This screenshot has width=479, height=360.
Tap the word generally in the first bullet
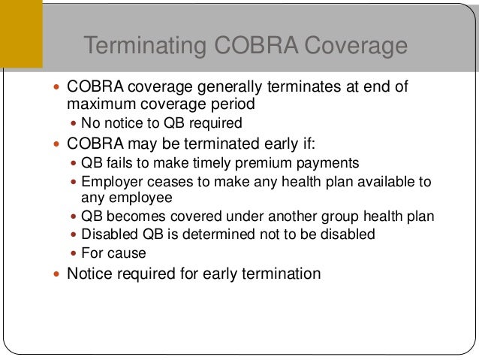227,87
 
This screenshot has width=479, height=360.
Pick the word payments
320,162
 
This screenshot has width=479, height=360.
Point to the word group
340,217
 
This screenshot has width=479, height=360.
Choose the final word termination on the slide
281,274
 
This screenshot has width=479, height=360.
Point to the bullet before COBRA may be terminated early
59,144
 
